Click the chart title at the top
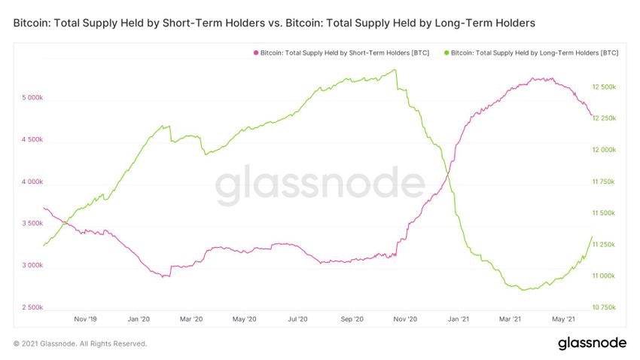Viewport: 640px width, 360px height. (x=274, y=23)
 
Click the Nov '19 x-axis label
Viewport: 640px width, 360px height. (x=87, y=319)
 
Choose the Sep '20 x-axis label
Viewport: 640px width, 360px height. (x=352, y=319)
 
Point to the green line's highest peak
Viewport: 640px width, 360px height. (x=395, y=70)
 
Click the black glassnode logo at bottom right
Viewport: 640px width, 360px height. (x=592, y=343)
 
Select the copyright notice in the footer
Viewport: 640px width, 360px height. (x=81, y=344)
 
